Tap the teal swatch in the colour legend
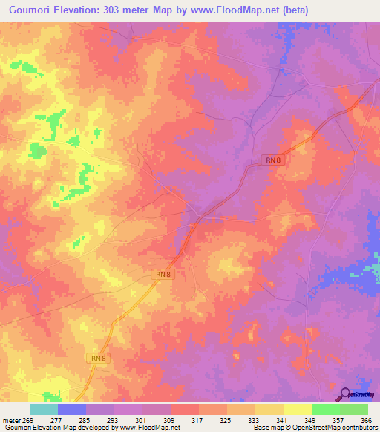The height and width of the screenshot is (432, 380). [43, 409]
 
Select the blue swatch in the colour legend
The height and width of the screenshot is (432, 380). [72, 409]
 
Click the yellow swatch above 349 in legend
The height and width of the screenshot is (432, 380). [298, 409]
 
